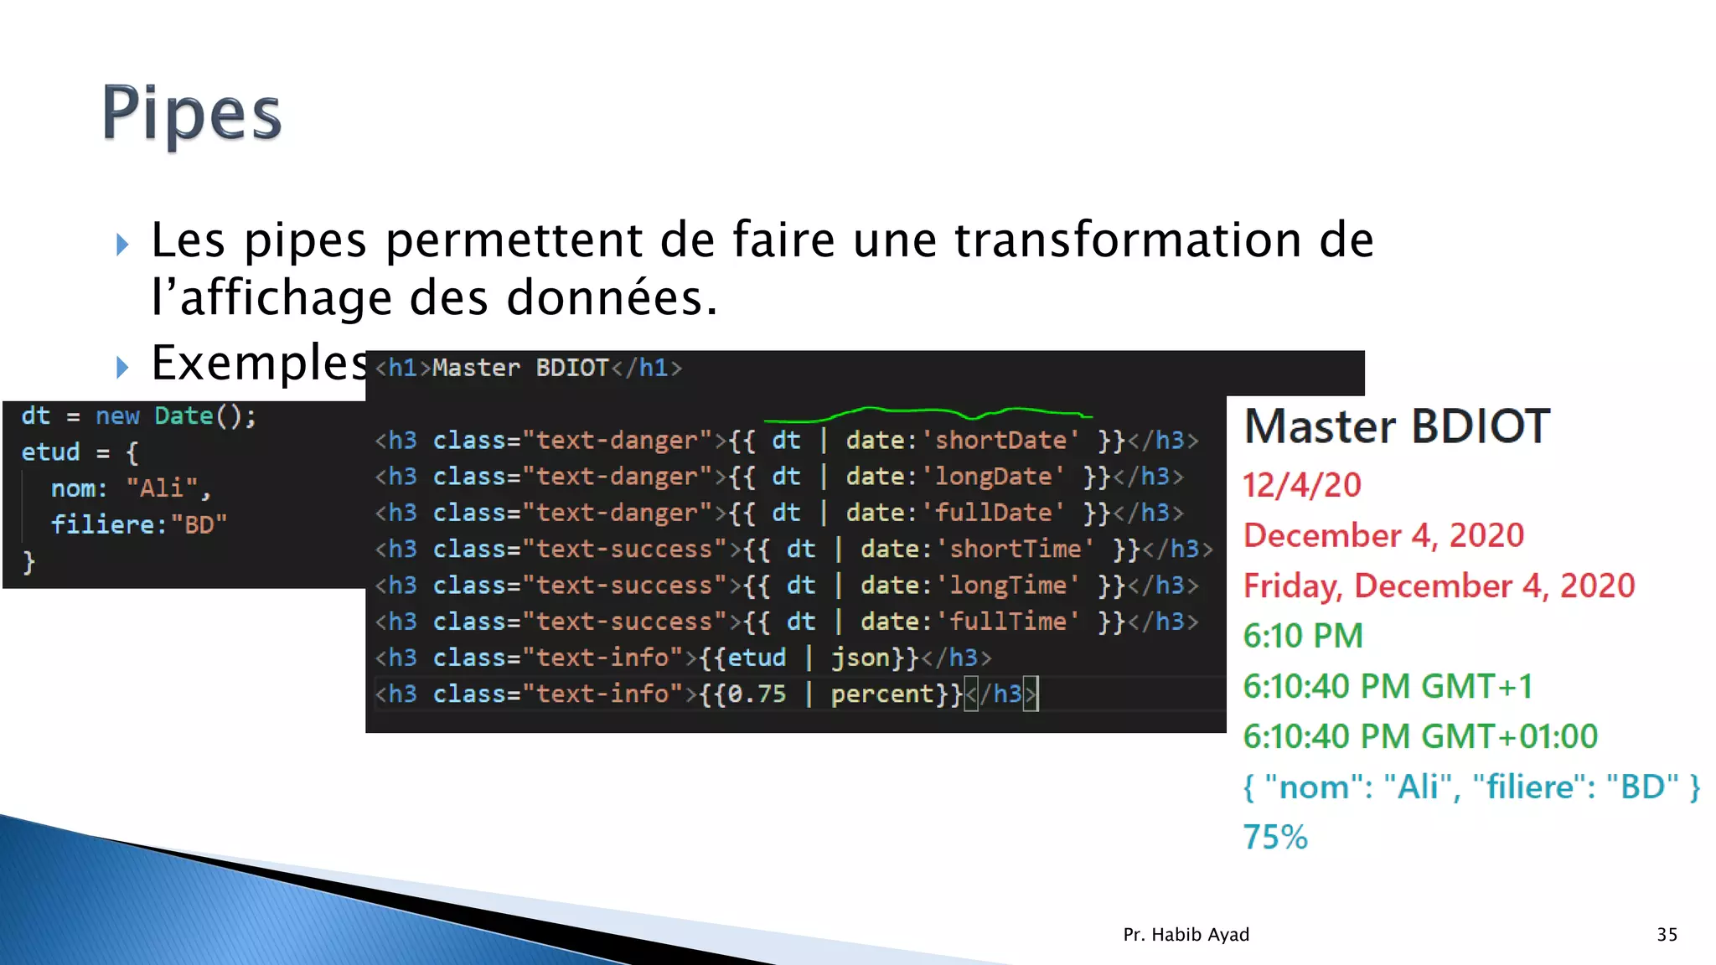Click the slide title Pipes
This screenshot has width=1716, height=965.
point(192,114)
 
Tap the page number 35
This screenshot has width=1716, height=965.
point(1667,935)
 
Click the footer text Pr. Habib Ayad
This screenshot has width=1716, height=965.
point(1186,935)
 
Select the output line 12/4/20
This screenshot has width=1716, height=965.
point(1301,485)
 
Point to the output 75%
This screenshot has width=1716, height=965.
point(1274,837)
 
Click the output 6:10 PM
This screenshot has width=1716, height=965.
point(1303,636)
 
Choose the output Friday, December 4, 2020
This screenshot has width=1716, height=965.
point(1439,586)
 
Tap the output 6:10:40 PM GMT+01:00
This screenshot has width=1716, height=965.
point(1420,736)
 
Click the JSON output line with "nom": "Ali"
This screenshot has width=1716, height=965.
point(1470,787)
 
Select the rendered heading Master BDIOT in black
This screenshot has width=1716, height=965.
point(1397,426)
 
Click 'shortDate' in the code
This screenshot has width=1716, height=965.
point(1000,441)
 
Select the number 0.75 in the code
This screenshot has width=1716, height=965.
point(757,694)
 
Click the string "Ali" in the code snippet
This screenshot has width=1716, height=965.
point(162,488)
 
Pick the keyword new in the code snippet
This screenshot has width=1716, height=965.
point(117,416)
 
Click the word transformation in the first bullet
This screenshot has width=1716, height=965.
point(1128,240)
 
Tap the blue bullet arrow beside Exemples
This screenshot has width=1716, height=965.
point(122,366)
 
